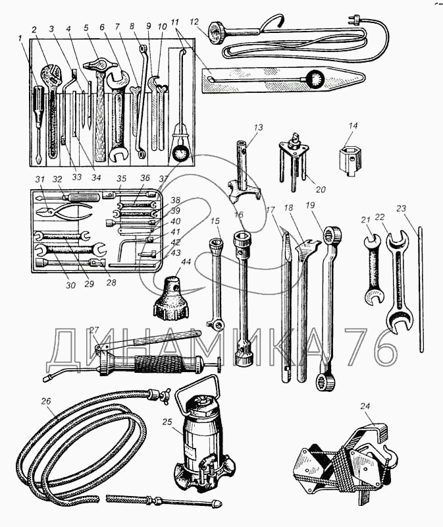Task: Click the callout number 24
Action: pyautogui.click(x=366, y=406)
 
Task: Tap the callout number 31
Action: pyautogui.click(x=39, y=179)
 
